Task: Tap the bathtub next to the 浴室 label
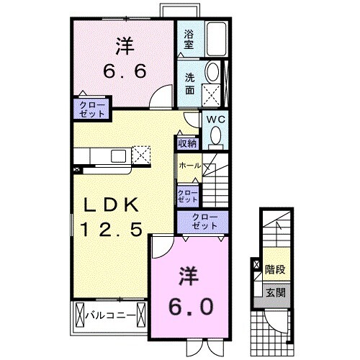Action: [x=215, y=40]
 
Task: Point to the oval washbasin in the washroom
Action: [x=213, y=71]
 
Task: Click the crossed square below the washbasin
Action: [x=213, y=94]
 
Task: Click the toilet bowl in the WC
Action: [x=216, y=135]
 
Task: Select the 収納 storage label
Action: [x=187, y=143]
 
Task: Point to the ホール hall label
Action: [x=189, y=166]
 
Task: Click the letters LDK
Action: [x=114, y=206]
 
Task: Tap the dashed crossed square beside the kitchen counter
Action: [x=142, y=155]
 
